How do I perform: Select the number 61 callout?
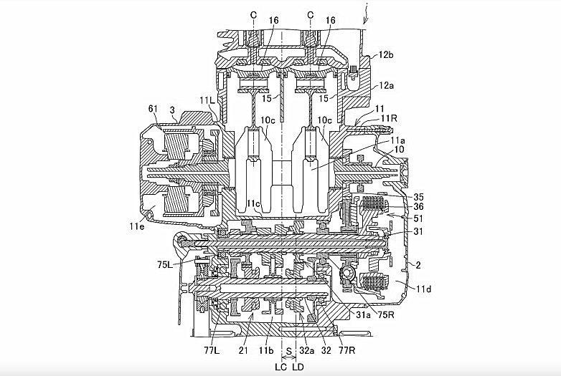click(153, 108)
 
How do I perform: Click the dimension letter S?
click(289, 351)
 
